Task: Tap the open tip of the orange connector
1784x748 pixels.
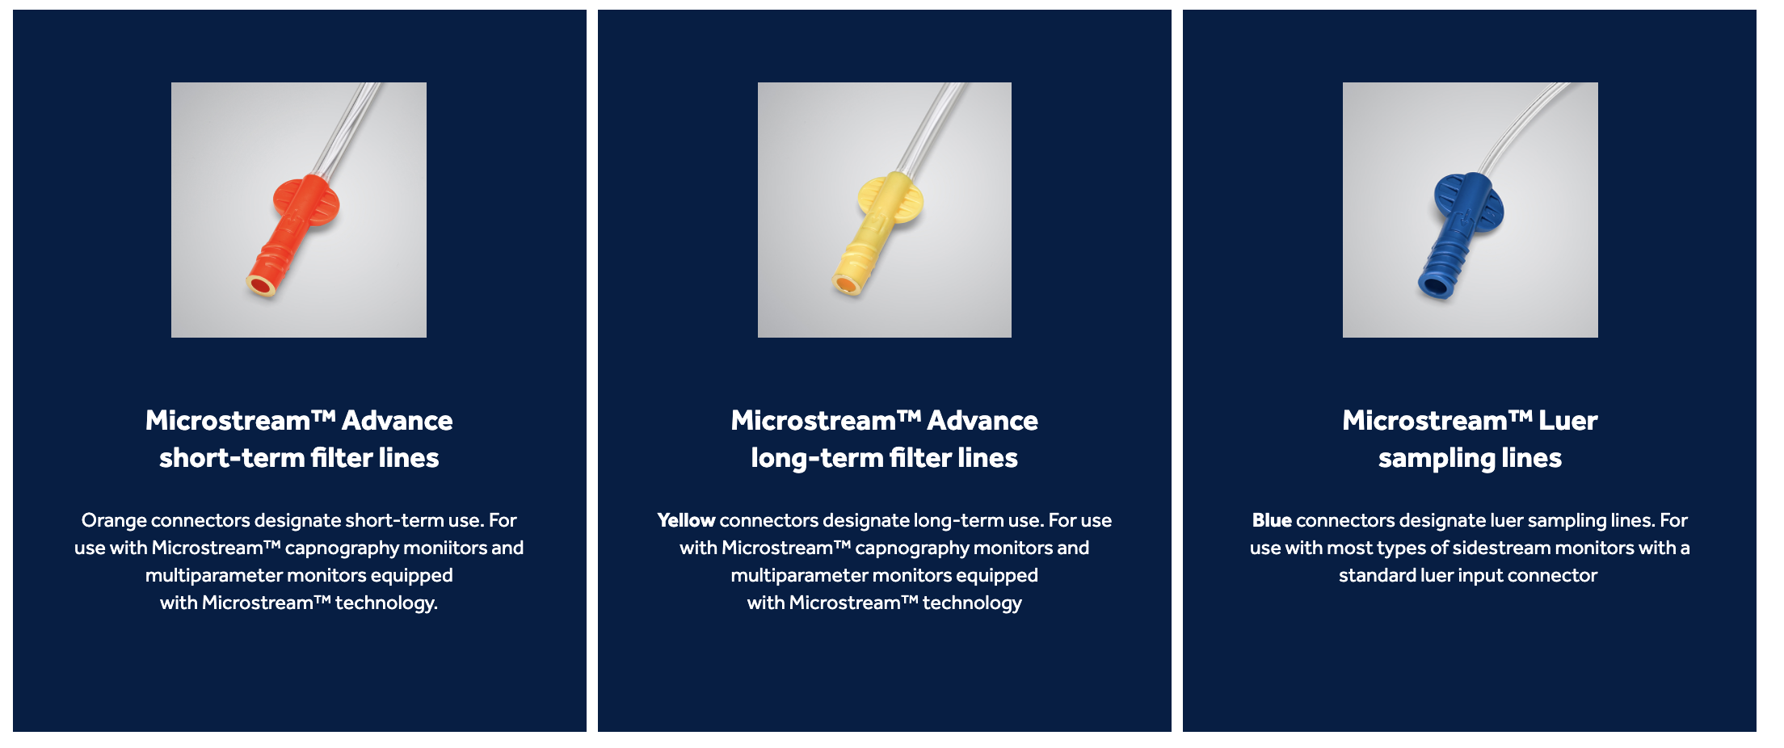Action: click(261, 284)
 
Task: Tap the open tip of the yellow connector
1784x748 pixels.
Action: click(846, 284)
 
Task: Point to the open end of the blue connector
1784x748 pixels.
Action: click(1434, 284)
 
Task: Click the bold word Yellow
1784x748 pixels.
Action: click(686, 520)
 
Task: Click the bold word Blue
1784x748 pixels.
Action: click(1271, 520)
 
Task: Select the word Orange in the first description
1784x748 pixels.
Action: click(114, 520)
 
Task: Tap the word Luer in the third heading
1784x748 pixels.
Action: click(1567, 420)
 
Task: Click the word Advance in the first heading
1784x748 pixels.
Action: click(397, 420)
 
